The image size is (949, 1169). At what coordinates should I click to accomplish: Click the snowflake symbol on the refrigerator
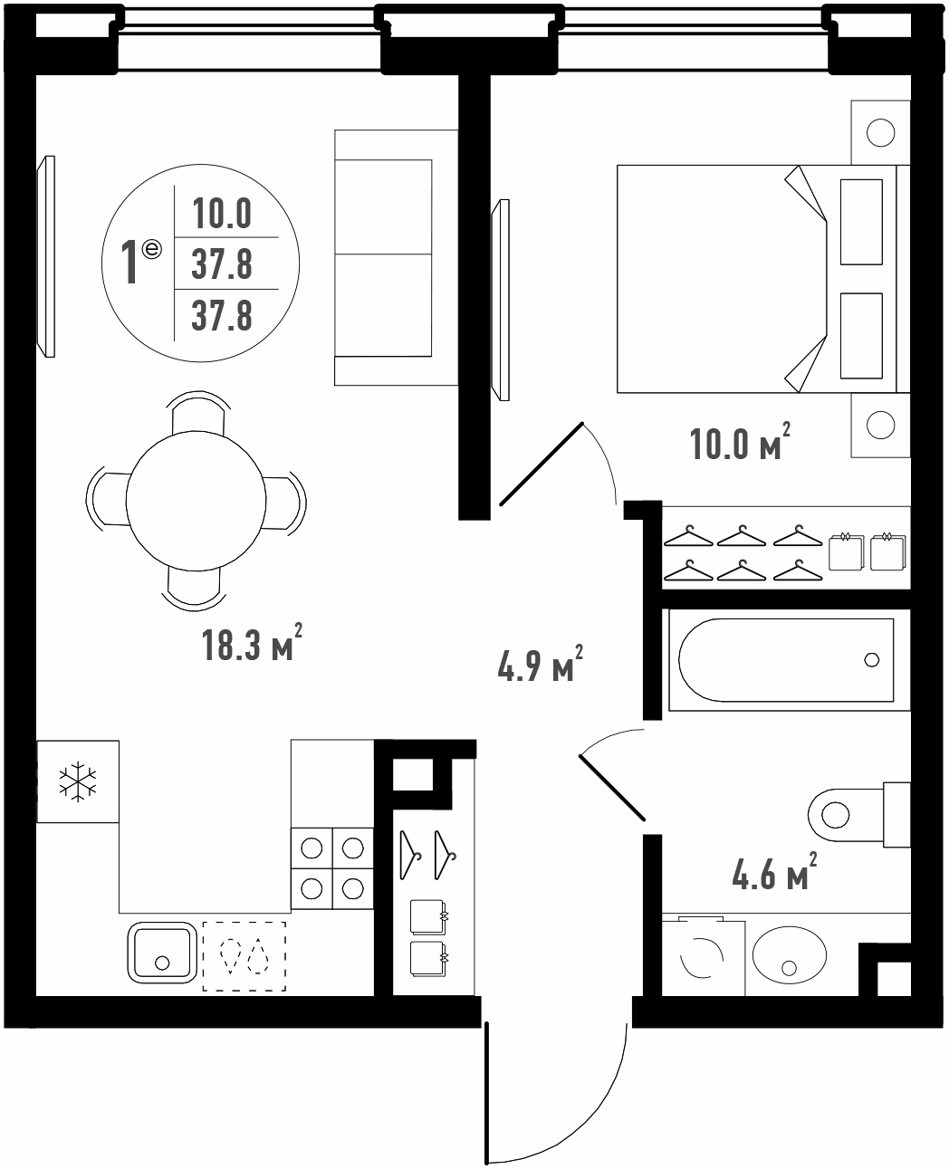pos(78,781)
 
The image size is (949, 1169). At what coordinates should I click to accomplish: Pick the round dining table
pos(196,501)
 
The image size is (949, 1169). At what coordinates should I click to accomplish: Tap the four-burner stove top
pos(332,868)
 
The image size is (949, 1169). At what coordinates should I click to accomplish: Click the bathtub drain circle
pos(872,660)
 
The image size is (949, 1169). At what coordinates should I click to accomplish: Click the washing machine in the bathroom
pos(703,955)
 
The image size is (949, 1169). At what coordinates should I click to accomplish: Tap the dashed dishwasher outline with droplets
pos(244,956)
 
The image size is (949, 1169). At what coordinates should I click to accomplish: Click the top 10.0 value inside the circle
pos(222,213)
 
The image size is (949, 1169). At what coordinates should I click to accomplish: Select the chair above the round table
pos(198,413)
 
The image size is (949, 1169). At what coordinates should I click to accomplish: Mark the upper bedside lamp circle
pos(880,132)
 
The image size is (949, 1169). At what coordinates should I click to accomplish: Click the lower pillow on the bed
pos(861,335)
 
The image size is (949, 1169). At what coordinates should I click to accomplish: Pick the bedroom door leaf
pos(542,464)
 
